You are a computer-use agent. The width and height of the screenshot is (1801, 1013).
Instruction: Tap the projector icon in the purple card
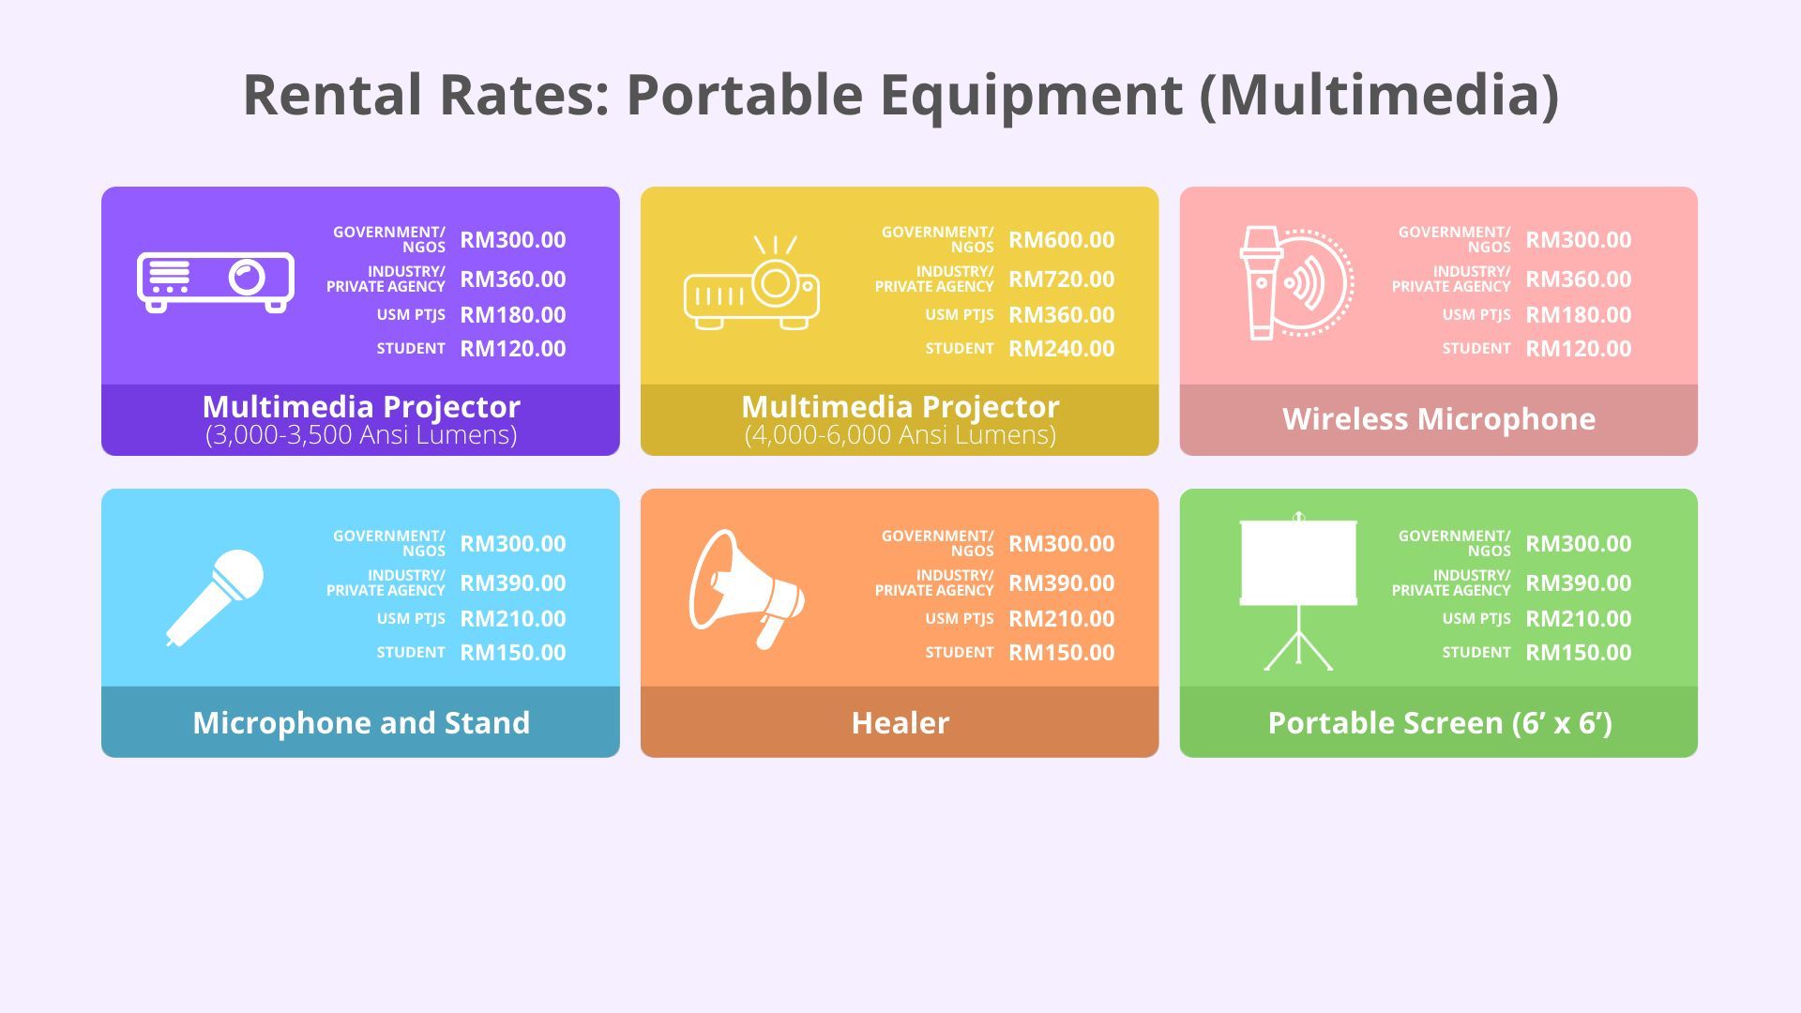(x=216, y=281)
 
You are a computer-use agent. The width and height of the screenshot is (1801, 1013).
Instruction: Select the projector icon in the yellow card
(x=751, y=282)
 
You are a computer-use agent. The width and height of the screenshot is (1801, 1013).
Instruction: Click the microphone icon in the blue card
(x=215, y=597)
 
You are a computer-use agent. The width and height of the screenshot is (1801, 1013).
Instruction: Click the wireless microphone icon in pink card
(x=1296, y=282)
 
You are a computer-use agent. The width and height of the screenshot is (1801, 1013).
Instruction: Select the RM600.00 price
(x=1061, y=240)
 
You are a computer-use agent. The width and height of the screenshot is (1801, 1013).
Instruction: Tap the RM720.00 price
(x=1061, y=280)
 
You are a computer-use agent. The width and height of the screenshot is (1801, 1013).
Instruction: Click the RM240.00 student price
(x=1061, y=349)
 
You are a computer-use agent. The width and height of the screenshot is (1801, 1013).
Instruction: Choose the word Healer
(x=900, y=722)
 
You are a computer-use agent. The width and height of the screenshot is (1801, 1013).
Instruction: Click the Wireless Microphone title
(x=1439, y=419)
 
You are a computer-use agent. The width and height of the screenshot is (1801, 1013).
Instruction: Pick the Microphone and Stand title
(x=361, y=722)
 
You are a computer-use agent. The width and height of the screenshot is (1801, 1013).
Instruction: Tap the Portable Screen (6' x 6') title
(x=1440, y=723)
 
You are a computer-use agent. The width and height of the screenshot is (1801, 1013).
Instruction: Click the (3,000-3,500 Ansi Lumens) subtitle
(x=361, y=435)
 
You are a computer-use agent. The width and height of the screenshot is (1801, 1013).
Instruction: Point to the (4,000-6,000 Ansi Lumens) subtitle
(x=900, y=435)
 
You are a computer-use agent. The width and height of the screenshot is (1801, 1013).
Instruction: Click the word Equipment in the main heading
(x=1031, y=96)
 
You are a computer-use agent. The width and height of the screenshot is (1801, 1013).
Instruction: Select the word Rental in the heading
(x=332, y=95)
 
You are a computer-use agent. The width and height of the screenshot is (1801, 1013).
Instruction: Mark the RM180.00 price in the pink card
(x=1578, y=315)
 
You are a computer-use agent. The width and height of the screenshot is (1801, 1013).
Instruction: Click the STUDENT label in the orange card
(x=960, y=653)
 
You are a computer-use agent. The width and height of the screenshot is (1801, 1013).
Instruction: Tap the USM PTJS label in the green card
(x=1476, y=619)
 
